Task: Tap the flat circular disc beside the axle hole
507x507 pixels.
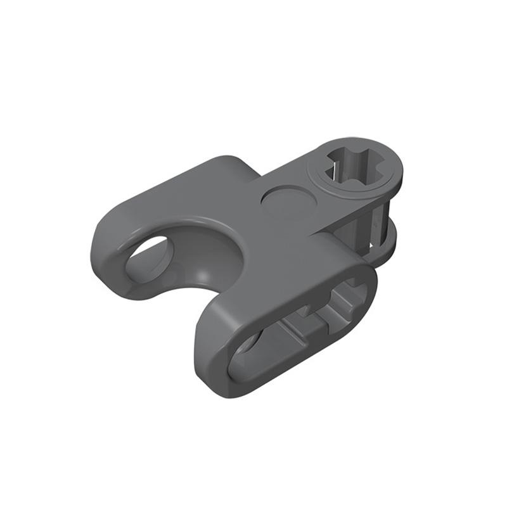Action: click(289, 202)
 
